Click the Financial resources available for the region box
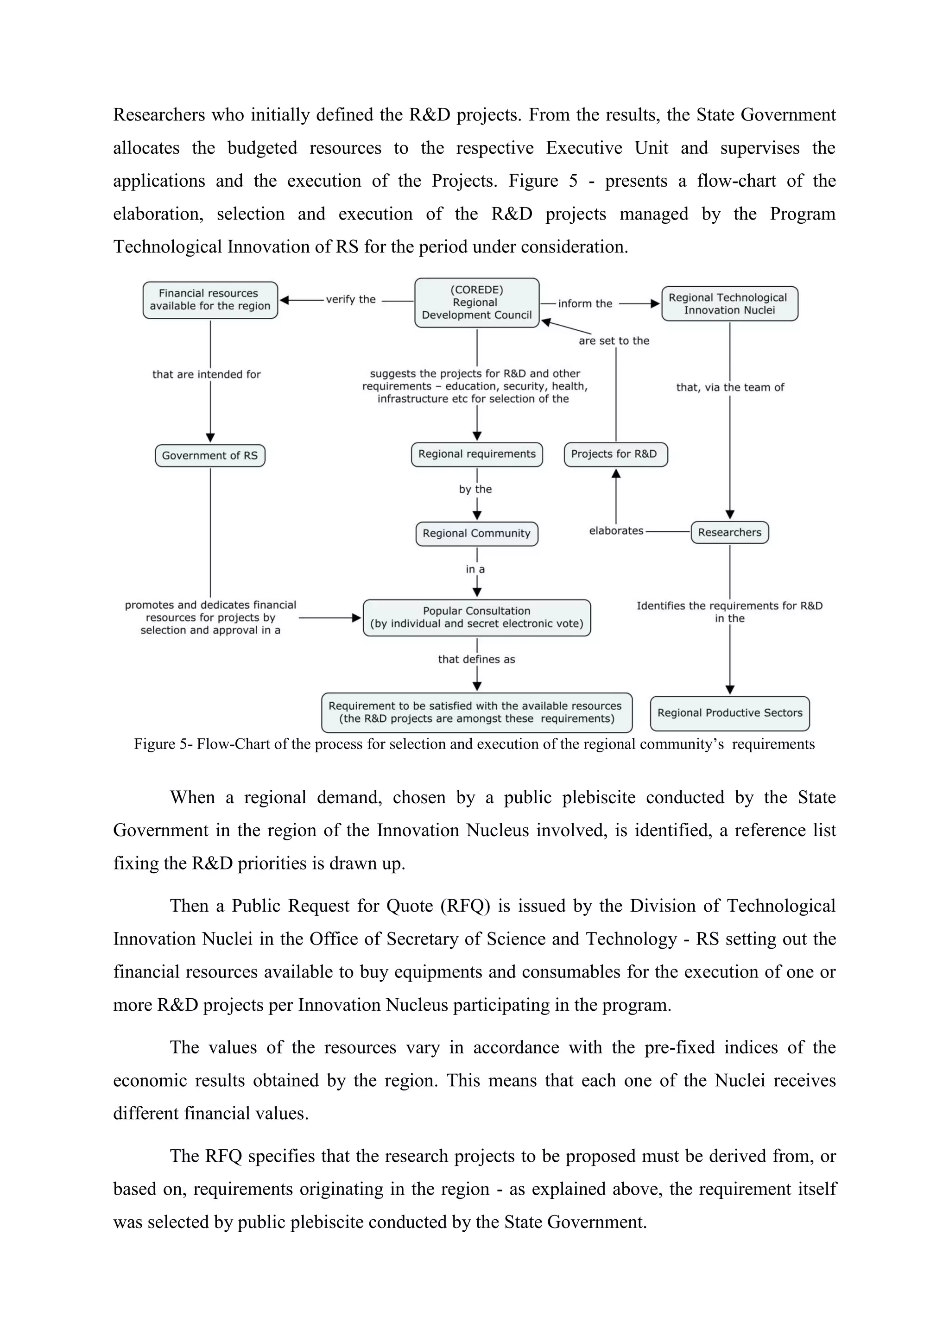210,300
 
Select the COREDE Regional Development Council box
476,302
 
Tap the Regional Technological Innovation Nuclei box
729,303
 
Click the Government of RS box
210,455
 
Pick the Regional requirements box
476,454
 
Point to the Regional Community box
476,533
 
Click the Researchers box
729,532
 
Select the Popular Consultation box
476,617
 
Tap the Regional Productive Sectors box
729,712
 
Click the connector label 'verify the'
351,299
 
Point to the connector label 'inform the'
585,303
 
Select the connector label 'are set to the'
614,341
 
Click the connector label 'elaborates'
616,531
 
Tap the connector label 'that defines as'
476,659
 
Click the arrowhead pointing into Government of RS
210,438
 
